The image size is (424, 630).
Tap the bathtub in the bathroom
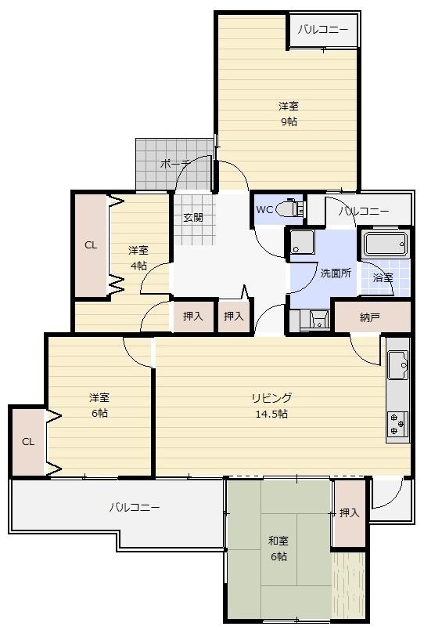coord(386,244)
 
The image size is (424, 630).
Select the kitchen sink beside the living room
coord(397,365)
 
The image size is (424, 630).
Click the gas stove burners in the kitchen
coord(397,425)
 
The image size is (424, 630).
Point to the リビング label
coord(271,398)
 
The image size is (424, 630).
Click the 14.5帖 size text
coord(271,414)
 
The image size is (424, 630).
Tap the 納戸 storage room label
coord(369,318)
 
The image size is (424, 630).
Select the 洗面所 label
coord(336,273)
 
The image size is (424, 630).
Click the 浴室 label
coord(383,277)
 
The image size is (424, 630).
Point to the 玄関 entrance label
coord(193,218)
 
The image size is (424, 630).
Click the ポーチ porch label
coord(175,164)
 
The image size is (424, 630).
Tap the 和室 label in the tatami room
coord(278,541)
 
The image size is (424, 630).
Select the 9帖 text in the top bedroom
coord(289,121)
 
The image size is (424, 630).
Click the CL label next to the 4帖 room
coord(91,245)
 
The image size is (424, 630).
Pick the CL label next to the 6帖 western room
coord(28,442)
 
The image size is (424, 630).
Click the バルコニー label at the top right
coord(323,30)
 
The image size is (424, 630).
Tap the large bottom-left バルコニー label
coord(135,508)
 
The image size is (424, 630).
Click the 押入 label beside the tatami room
coord(349,512)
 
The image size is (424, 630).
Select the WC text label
coord(264,209)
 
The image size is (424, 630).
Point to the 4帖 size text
coord(138,266)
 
